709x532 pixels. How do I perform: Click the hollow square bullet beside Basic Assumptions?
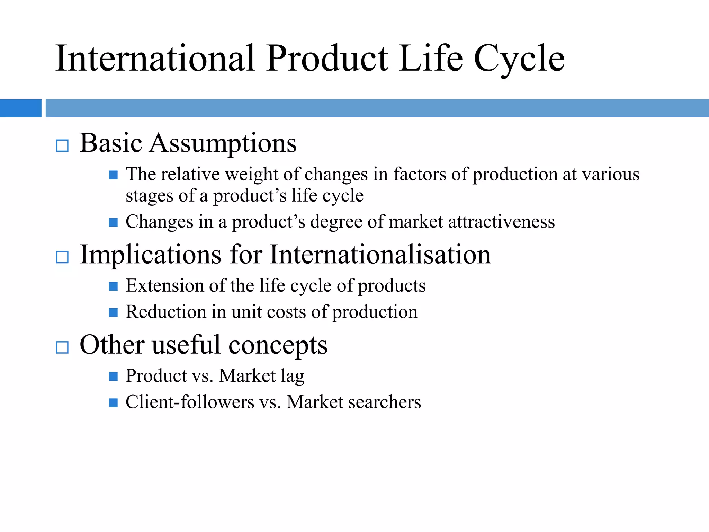click(x=62, y=146)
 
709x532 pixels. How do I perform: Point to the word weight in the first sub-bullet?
click(x=252, y=174)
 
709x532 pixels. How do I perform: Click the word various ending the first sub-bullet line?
click(x=611, y=174)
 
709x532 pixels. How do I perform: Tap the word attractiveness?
click(x=501, y=222)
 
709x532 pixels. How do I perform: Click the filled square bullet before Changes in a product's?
click(x=113, y=222)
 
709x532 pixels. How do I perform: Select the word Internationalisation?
click(x=380, y=255)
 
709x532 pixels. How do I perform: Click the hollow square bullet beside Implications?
click(x=62, y=257)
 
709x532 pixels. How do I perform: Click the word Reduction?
click(x=166, y=312)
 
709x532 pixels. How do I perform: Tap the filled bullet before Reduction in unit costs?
click(x=113, y=312)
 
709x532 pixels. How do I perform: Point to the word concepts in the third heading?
click(x=278, y=346)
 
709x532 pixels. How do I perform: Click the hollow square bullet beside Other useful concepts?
click(x=62, y=347)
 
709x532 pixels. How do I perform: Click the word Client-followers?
click(x=190, y=402)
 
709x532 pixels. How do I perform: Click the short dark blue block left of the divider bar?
click(x=20, y=108)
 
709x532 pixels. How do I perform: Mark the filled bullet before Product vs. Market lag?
click(x=113, y=376)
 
